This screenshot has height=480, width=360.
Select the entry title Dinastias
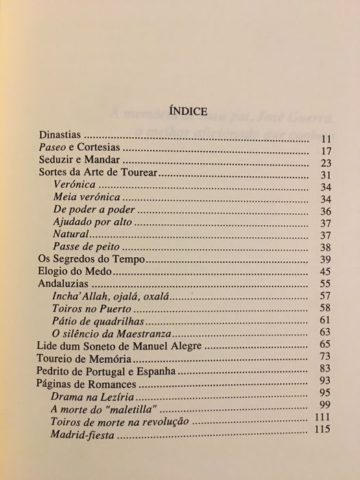click(x=60, y=138)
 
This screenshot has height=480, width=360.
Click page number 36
click(x=325, y=212)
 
